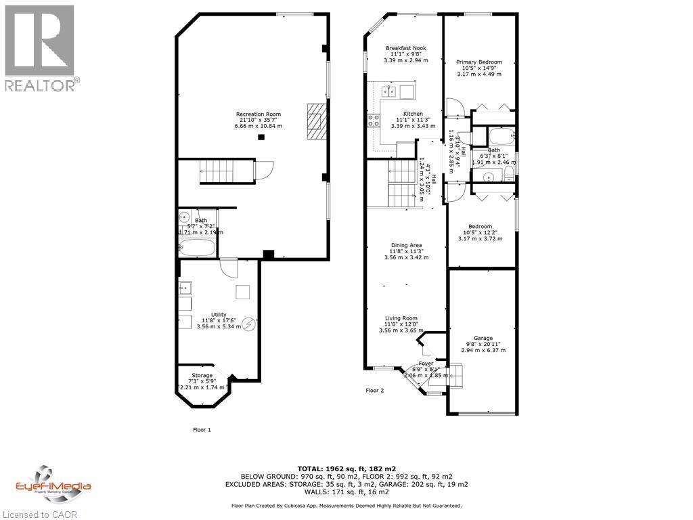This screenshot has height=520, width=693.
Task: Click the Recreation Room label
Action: (x=258, y=114)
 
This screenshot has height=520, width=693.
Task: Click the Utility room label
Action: (x=218, y=315)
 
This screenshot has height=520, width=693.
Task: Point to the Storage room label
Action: (x=202, y=375)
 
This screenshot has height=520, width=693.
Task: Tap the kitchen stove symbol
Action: (x=374, y=121)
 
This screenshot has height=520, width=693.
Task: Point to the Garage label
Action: (x=483, y=339)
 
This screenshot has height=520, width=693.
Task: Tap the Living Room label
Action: (x=402, y=318)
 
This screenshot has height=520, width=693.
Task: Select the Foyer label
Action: (x=426, y=364)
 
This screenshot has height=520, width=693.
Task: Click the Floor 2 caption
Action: (x=375, y=391)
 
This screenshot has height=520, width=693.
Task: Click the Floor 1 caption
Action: (x=202, y=429)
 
